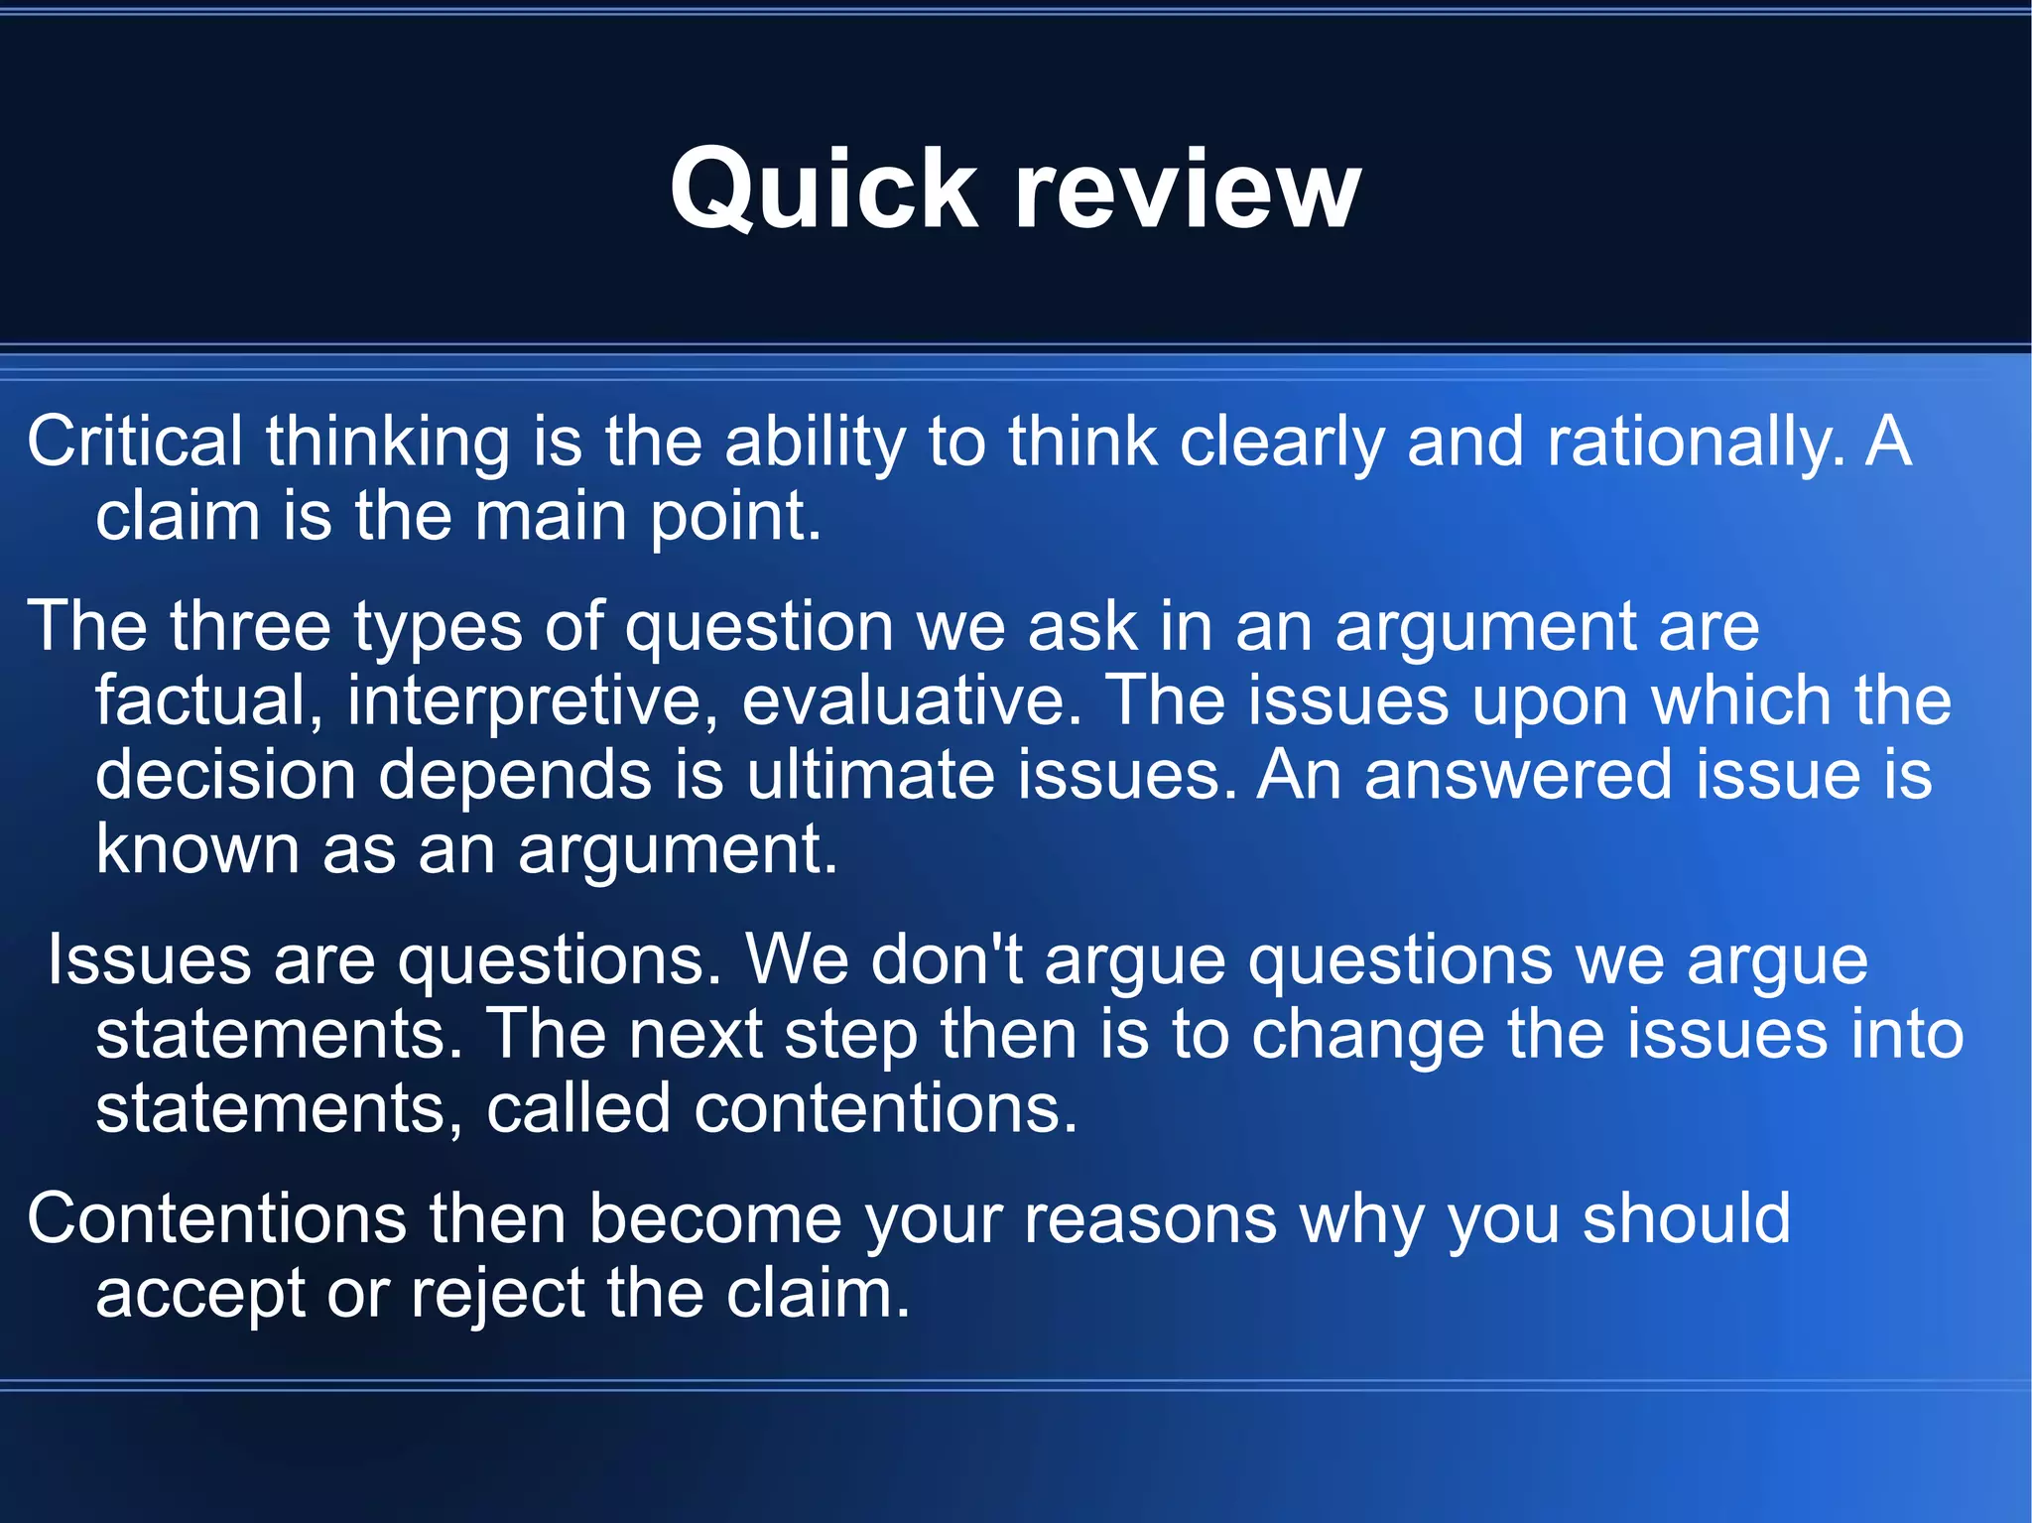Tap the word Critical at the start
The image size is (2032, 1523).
(x=134, y=441)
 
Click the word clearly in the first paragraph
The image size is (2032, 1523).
(x=1281, y=443)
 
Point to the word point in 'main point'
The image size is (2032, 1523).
(x=734, y=518)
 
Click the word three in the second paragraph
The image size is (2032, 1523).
(x=249, y=626)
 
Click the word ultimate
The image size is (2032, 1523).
(x=869, y=775)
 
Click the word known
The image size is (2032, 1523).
(x=196, y=849)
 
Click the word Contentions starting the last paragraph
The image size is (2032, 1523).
(x=216, y=1218)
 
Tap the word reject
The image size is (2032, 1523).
(x=497, y=1295)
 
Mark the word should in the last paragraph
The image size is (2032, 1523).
(x=1686, y=1218)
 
